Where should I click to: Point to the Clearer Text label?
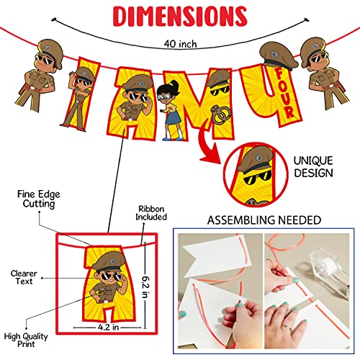point(24,278)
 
